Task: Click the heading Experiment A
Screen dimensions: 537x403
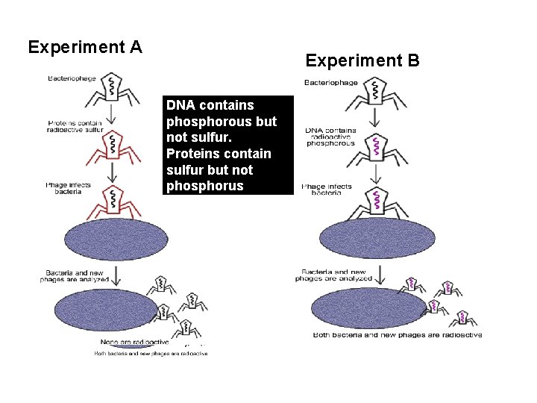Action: [85, 48]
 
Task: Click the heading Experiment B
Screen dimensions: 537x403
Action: [362, 60]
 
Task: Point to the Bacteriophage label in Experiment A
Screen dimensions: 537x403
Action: [72, 78]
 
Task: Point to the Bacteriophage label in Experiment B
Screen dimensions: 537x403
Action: [330, 82]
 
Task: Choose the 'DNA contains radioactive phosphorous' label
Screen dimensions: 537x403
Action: [330, 137]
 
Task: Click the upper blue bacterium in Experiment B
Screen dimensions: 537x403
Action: [377, 238]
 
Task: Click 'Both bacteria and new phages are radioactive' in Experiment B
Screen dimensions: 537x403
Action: [397, 335]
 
